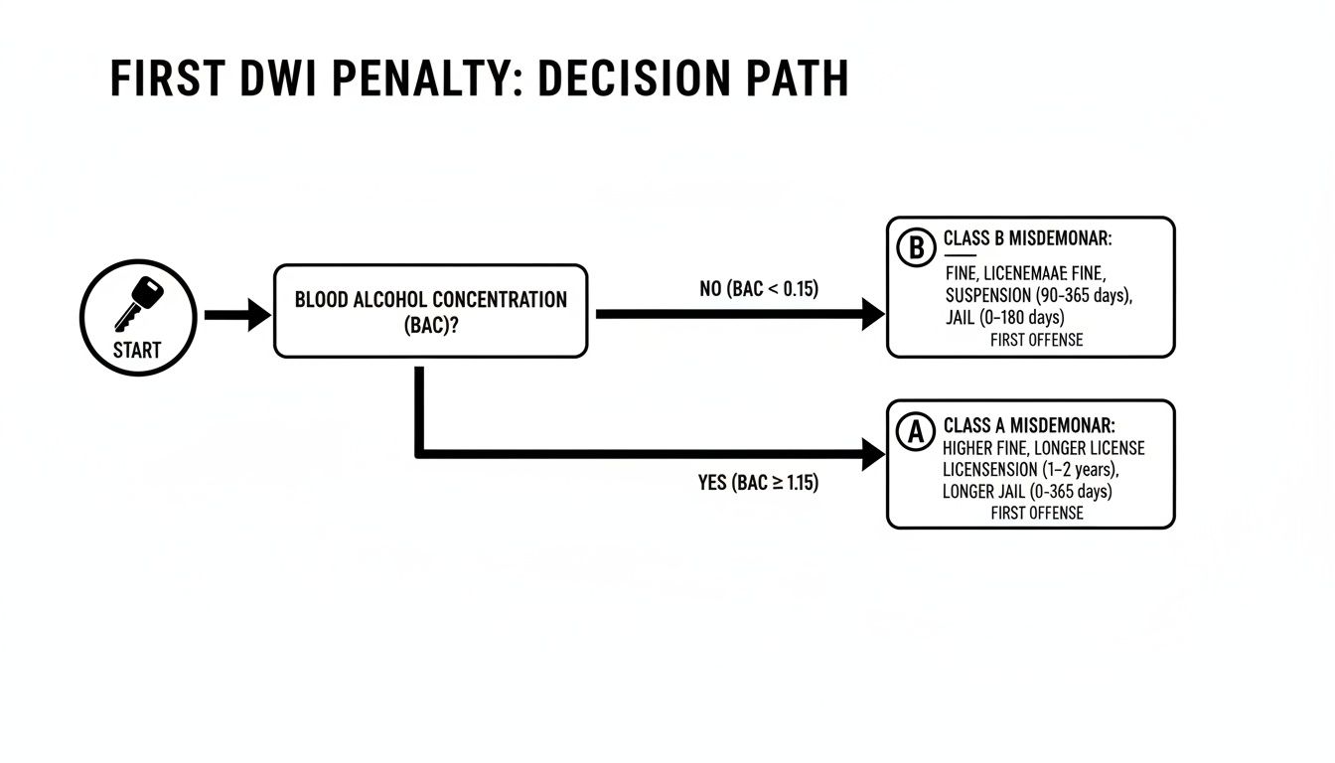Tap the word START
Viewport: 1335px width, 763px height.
(x=136, y=350)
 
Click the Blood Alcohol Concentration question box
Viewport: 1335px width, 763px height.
(x=430, y=311)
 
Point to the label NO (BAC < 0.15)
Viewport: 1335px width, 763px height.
(x=759, y=290)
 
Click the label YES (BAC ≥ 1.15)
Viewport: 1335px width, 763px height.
(x=759, y=484)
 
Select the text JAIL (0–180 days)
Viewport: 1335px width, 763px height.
(x=1004, y=318)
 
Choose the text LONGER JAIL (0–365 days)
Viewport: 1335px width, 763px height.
(x=1027, y=492)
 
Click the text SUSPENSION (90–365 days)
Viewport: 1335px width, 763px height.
(x=1039, y=295)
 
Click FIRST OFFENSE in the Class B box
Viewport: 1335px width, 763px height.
(x=1036, y=340)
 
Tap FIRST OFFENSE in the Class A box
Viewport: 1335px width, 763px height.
(x=1036, y=514)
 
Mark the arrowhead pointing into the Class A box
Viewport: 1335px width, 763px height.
(x=874, y=455)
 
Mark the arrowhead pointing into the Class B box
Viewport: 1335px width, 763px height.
(x=874, y=315)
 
